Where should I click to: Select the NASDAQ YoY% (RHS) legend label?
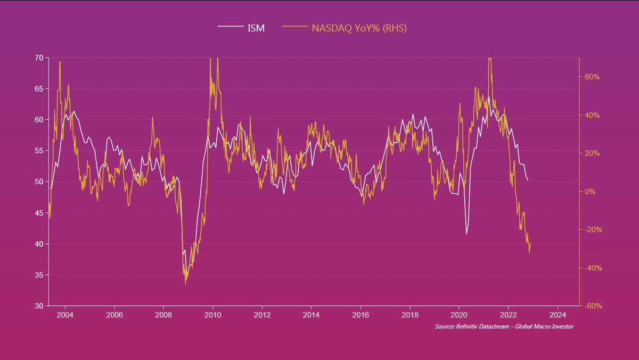pyautogui.click(x=359, y=28)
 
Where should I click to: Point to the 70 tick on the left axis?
pyautogui.click(x=40, y=58)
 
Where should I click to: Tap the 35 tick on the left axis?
pyautogui.click(x=40, y=275)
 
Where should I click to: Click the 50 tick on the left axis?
pyautogui.click(x=40, y=182)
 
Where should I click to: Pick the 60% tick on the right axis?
pyautogui.click(x=592, y=77)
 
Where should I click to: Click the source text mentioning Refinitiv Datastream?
pyautogui.click(x=504, y=326)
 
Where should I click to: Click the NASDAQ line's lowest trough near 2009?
pyautogui.click(x=185, y=284)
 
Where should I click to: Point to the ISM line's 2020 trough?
pyautogui.click(x=466, y=234)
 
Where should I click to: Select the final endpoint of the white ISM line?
pyautogui.click(x=528, y=181)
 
